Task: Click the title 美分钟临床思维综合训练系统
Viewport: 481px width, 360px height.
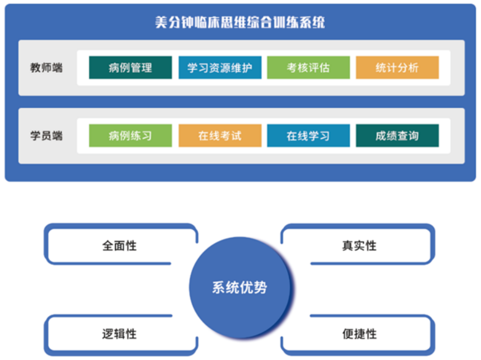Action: pos(240,22)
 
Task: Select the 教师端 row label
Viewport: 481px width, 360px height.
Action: pos(46,67)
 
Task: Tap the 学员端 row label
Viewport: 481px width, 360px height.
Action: pos(46,136)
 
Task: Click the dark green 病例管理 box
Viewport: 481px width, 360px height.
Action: pos(130,67)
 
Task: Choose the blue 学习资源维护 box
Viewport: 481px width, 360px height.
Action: pos(220,67)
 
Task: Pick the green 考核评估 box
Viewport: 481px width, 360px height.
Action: pos(309,67)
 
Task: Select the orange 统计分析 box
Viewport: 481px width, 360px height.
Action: pos(397,67)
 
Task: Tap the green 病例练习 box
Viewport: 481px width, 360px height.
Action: pos(130,136)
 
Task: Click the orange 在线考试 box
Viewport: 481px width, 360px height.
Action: pos(220,136)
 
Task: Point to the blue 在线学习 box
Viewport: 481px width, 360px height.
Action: pos(309,136)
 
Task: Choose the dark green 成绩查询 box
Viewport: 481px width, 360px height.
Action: pos(397,136)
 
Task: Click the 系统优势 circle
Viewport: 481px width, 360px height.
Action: pos(240,288)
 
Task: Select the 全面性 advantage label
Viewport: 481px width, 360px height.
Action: pos(119,245)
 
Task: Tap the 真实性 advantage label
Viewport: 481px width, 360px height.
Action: pos(359,245)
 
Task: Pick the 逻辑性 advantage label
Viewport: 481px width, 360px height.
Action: pos(119,334)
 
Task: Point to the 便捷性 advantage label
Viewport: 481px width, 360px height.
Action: pos(359,334)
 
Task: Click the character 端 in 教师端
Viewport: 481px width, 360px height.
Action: pos(57,67)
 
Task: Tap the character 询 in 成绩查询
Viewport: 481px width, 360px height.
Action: pos(414,136)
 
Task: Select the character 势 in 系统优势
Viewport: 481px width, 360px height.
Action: pos(260,288)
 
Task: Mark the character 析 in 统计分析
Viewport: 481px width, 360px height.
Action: pos(414,67)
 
